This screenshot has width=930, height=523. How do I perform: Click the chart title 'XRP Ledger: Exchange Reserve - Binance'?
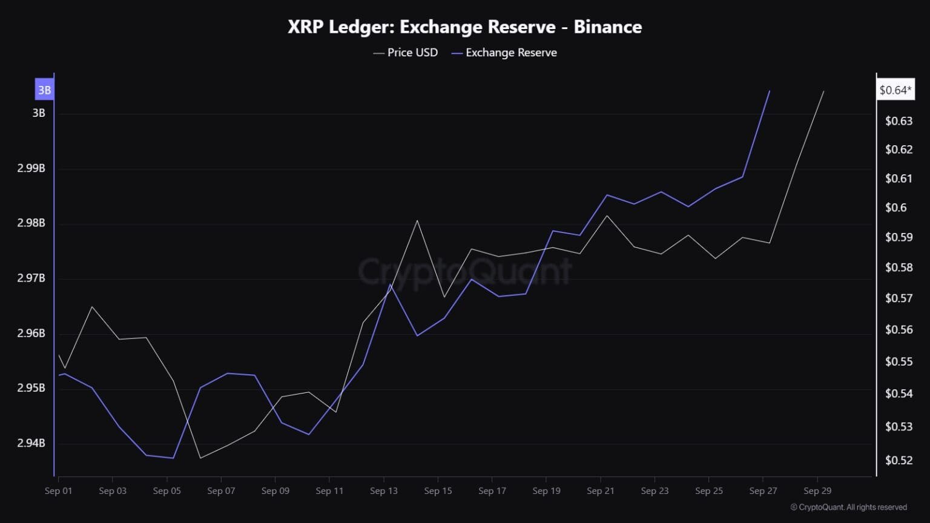tap(464, 27)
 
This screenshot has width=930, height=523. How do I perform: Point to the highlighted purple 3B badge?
tap(44, 90)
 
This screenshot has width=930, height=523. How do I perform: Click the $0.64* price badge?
tap(895, 90)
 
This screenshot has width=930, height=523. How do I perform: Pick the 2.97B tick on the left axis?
tap(31, 278)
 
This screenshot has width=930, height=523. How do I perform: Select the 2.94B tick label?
tap(31, 443)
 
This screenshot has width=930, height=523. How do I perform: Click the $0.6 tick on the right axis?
tap(896, 208)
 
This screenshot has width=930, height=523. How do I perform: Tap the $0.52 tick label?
tap(899, 460)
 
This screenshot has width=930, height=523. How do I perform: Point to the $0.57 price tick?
tap(899, 298)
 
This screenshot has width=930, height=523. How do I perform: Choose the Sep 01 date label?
tap(58, 491)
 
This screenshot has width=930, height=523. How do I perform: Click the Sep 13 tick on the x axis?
tap(384, 491)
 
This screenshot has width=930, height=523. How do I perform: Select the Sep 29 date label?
tap(817, 491)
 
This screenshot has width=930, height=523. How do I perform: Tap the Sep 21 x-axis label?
tap(601, 491)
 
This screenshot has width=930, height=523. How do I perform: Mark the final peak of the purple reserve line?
tap(769, 91)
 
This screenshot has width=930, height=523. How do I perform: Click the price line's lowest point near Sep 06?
tap(200, 458)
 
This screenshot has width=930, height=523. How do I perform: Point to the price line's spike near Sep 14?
tap(417, 220)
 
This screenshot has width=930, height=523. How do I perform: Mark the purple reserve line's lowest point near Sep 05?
tap(173, 458)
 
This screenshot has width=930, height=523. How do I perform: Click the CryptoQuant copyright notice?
tap(849, 507)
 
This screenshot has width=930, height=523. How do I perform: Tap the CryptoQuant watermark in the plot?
tap(464, 271)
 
